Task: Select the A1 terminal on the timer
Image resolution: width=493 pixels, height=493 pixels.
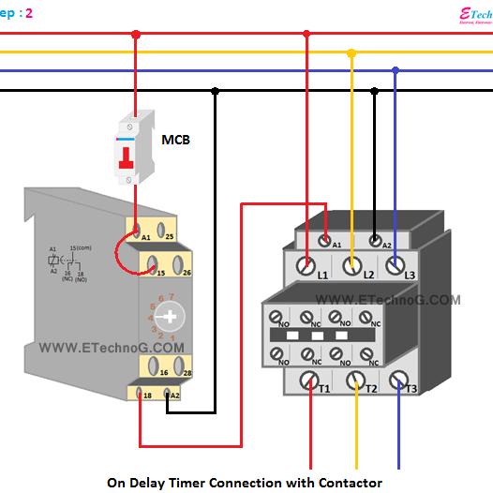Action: click(136, 228)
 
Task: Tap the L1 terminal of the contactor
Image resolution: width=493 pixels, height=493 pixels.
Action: click(306, 265)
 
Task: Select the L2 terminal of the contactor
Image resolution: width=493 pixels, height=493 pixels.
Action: click(351, 265)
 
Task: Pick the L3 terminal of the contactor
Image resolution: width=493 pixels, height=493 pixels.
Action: click(396, 265)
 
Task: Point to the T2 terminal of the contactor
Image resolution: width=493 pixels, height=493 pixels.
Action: click(355, 381)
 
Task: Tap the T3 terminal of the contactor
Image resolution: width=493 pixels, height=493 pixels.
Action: click(400, 380)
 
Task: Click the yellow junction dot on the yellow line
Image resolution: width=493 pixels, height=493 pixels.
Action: click(351, 53)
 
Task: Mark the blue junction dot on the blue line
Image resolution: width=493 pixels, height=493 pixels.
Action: click(396, 70)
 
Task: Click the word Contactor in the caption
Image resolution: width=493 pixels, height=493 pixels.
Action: click(347, 482)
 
